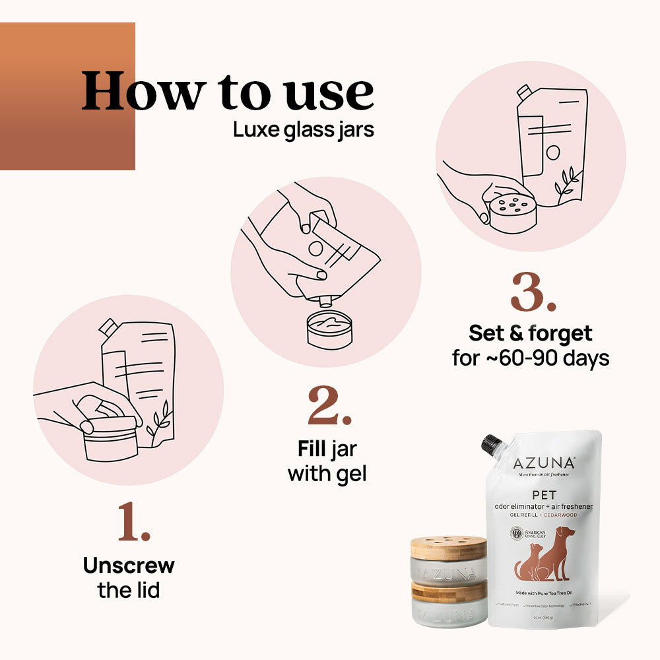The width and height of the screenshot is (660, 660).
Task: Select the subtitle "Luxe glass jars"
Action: (303, 130)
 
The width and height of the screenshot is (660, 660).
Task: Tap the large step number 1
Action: (135, 522)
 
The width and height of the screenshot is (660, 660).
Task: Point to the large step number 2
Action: (329, 407)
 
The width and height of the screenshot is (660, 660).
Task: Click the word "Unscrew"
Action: (129, 566)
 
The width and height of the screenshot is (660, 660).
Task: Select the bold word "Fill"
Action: (311, 450)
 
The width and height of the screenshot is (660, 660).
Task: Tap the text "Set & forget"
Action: (530, 333)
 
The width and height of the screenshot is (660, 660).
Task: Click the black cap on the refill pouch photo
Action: (492, 444)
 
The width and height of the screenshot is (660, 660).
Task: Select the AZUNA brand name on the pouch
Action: (544, 463)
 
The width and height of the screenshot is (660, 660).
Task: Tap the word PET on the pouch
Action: (544, 494)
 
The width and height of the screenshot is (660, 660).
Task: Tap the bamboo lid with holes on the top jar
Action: (448, 547)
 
